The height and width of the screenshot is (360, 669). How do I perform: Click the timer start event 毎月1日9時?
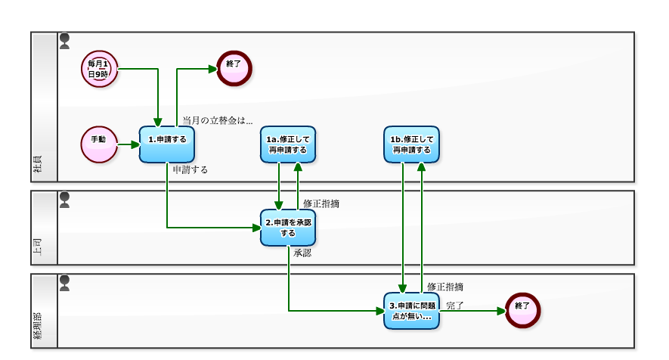100,69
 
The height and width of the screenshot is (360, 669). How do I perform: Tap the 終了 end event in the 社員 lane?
234,68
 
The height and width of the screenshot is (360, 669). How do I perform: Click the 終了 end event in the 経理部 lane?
522,310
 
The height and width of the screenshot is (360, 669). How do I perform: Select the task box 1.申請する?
166,144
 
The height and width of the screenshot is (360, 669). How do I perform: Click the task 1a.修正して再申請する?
287,144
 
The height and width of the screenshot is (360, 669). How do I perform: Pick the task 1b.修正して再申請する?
411,144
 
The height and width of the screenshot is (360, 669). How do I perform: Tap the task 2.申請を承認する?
287,228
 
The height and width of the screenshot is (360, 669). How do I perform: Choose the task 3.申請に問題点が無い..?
411,310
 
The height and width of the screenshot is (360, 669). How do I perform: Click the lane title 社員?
38,167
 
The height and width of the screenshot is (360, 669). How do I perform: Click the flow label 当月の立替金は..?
218,120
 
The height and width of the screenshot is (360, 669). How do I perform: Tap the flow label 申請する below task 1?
190,170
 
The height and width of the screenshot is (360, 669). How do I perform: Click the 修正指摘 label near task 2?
321,203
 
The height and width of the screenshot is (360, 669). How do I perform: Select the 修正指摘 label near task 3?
445,287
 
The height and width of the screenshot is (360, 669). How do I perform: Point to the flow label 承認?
302,253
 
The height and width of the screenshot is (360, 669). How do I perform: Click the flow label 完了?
455,306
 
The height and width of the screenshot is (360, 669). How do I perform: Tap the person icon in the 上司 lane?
65,200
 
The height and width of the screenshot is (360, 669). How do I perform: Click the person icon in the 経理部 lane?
65,283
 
